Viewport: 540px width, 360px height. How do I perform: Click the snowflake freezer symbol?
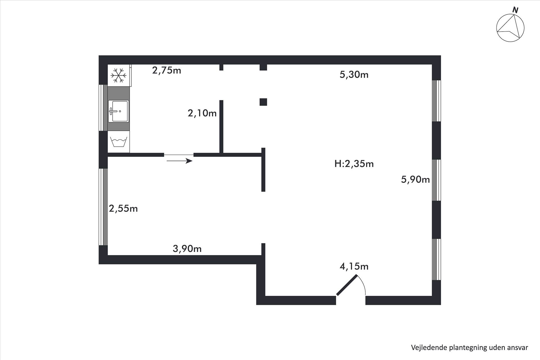click(x=118, y=75)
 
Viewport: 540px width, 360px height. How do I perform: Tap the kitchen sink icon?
click(x=118, y=111)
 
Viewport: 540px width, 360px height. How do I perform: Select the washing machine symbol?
click(x=118, y=142)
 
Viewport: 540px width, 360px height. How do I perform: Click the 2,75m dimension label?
click(x=166, y=70)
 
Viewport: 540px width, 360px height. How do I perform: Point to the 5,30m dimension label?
click(x=354, y=75)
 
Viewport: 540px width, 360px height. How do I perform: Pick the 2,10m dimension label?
click(x=202, y=113)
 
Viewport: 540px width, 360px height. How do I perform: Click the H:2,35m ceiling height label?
click(x=354, y=164)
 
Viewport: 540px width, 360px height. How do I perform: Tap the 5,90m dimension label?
click(x=415, y=179)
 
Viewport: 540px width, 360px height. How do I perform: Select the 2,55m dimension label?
click(x=123, y=208)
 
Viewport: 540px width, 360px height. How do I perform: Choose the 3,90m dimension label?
click(x=187, y=249)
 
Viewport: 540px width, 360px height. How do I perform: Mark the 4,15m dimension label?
click(x=354, y=266)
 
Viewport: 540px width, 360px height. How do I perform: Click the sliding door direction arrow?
click(x=179, y=161)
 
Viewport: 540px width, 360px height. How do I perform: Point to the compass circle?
click(x=497, y=28)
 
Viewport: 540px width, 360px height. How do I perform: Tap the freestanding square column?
click(x=263, y=102)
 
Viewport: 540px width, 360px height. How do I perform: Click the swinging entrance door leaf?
click(x=347, y=285)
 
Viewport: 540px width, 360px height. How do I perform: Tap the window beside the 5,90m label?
click(x=436, y=180)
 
